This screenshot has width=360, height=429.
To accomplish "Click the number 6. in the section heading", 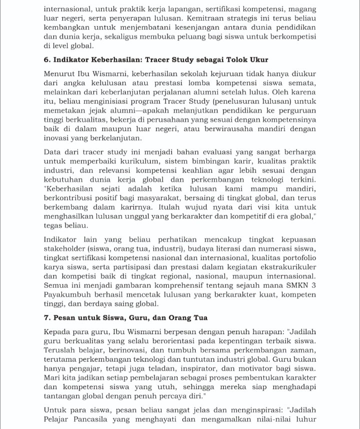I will click(x=47, y=60).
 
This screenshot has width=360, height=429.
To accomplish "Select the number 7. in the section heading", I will click(x=47, y=318).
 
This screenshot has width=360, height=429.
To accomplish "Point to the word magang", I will click(x=300, y=9).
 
